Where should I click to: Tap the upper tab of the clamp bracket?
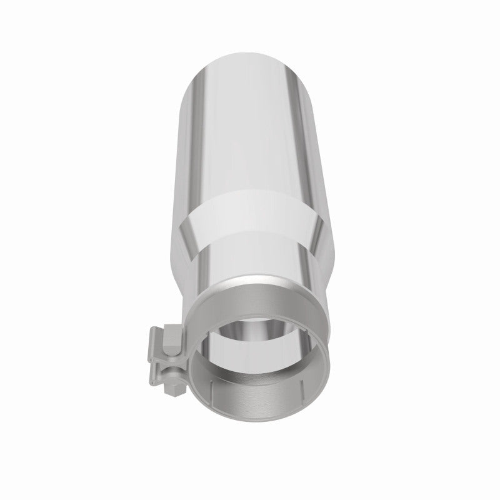(x=156, y=334)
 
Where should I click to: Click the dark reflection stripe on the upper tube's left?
(x=191, y=125)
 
